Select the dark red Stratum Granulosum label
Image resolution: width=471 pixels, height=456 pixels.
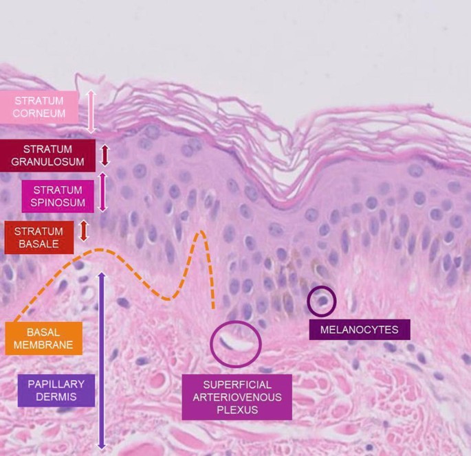point(48,156)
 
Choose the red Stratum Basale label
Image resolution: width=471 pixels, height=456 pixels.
point(38,238)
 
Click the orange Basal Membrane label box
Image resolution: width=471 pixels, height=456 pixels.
point(43,338)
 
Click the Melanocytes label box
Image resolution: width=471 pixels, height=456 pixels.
point(359,330)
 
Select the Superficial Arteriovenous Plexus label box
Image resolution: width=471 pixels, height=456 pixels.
point(237,397)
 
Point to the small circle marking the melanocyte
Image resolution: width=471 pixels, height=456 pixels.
point(321,300)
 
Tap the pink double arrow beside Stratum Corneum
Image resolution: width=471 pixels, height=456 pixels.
point(90,110)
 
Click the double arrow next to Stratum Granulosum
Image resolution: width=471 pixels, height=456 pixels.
point(105,155)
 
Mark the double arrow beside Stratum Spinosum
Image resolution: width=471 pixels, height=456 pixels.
point(103,192)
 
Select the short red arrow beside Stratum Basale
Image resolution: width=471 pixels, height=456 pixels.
point(85,231)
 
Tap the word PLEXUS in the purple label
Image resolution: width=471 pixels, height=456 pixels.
point(237,410)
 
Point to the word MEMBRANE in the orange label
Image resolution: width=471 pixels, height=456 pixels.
point(43,345)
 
